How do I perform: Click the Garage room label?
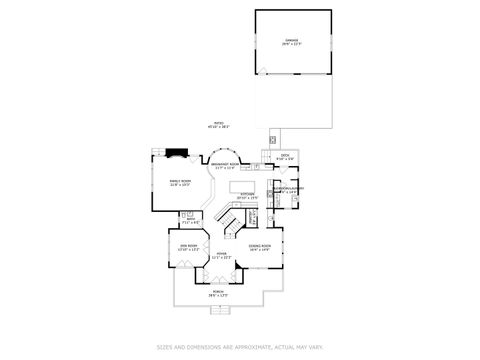point(292,40)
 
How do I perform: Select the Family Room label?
point(180,181)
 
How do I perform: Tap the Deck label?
point(284,155)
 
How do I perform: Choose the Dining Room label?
point(261,245)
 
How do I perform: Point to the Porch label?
point(218,293)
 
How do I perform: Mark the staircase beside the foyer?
point(233,222)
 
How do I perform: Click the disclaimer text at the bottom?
point(240,348)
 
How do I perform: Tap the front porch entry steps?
point(220,308)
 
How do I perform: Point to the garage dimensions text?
point(292,44)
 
